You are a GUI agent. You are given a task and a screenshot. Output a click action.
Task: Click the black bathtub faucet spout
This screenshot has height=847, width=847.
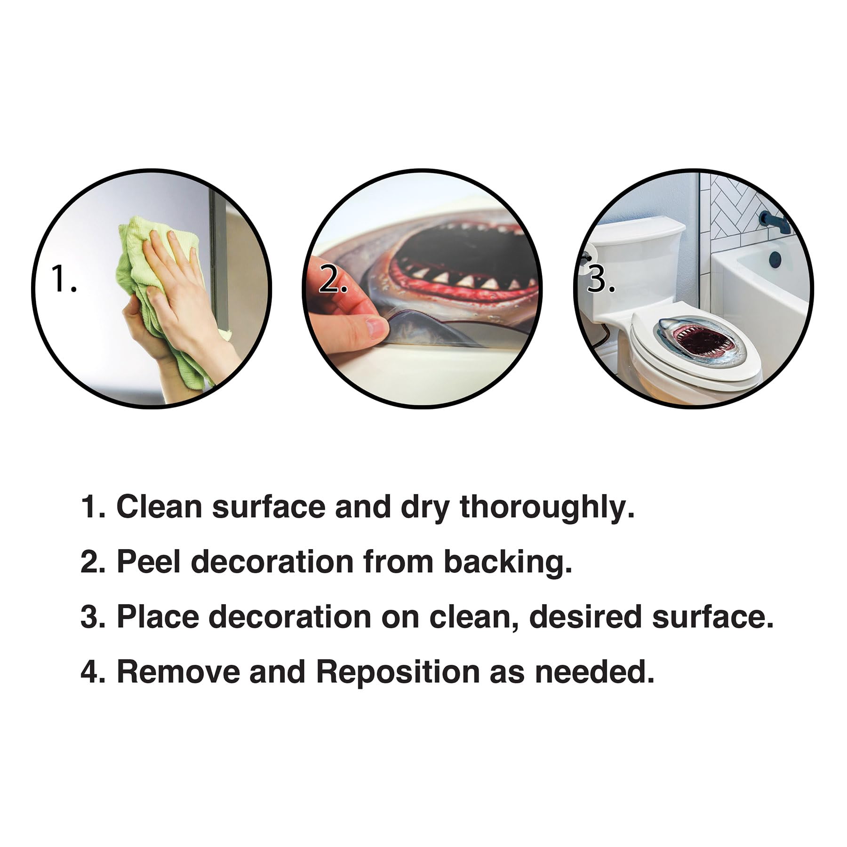point(775,220)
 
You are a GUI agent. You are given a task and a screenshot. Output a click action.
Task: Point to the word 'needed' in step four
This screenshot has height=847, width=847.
point(595,671)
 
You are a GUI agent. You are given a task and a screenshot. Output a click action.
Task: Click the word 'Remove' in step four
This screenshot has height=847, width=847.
point(178,671)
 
